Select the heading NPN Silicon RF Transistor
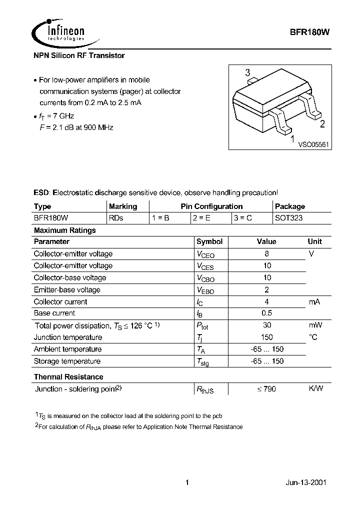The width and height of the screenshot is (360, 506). (79, 55)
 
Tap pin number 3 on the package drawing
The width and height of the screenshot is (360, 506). (247, 73)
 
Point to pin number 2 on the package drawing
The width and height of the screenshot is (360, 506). (322, 124)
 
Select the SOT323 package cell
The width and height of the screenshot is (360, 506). (288, 218)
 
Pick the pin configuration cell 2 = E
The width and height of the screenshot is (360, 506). (202, 218)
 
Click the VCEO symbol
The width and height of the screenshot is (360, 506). (205, 254)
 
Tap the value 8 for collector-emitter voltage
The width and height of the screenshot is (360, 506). (266, 253)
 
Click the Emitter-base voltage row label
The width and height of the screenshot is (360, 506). (67, 289)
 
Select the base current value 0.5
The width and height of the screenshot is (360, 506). (266, 313)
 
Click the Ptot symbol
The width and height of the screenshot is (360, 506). (204, 326)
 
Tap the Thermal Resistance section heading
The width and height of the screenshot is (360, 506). (68, 376)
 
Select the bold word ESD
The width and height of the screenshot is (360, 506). (41, 192)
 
